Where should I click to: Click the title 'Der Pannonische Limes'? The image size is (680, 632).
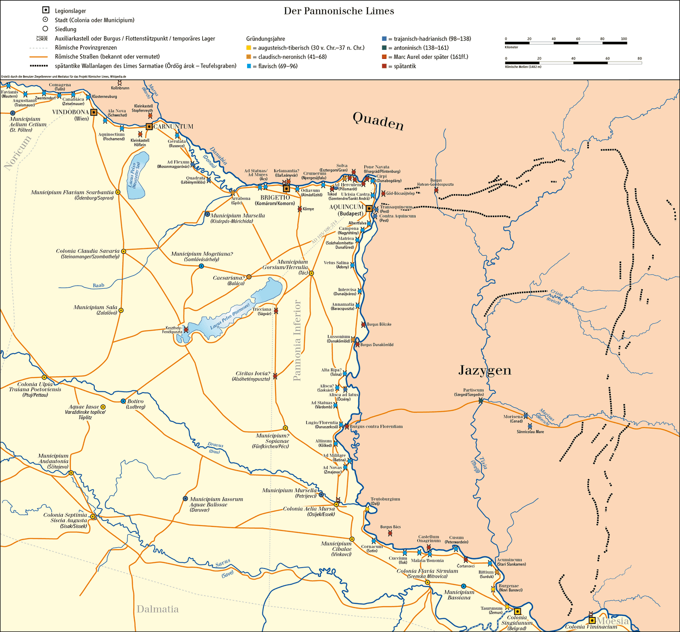coord(339,11)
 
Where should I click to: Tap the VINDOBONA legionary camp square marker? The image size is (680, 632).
coord(94,112)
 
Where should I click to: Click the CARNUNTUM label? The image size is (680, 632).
coord(173,126)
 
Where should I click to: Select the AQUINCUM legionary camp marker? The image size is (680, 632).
coord(369,209)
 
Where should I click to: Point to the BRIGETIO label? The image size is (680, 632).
coord(275,198)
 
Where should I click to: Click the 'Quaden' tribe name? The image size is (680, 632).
coord(378,121)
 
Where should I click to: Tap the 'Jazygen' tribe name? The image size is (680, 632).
coord(485,370)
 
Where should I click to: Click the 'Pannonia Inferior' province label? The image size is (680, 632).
coord(297,340)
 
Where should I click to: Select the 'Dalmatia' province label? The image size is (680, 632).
coord(158,609)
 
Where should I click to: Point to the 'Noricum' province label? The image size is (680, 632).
coord(18,152)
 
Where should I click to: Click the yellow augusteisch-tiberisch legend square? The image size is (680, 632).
coord(248,48)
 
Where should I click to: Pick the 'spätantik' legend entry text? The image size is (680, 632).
coord(405,66)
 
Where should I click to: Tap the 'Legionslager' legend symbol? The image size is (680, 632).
coord(45,10)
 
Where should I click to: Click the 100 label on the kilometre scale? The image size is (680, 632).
coord(624,39)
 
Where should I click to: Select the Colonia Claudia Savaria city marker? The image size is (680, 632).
coord(123,251)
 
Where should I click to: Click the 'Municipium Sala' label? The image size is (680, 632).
coord(95,307)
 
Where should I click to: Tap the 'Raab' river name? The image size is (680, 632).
coord(98,286)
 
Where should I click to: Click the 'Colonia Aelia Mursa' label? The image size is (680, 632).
coord(309,509)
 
